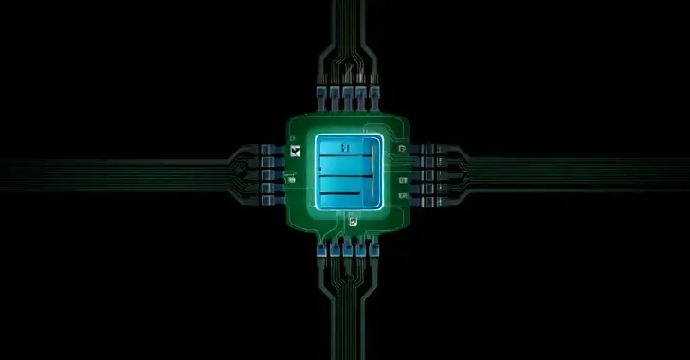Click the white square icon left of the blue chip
click(297, 152)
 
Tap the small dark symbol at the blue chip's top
click(345, 148)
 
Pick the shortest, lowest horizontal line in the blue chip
click(336, 195)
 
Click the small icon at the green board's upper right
click(404, 150)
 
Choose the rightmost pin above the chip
click(373, 94)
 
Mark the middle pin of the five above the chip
click(346, 94)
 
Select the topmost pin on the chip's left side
click(267, 149)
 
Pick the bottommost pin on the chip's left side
click(267, 200)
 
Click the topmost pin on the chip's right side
click(426, 149)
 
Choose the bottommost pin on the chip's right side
click(426, 200)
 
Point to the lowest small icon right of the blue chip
click(405, 196)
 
